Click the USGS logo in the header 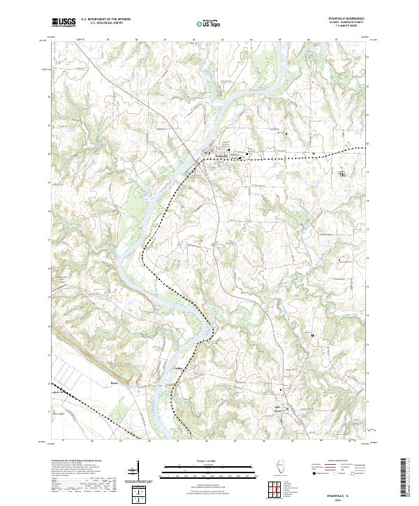pyautogui.click(x=64, y=22)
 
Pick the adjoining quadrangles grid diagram pyautogui.click(x=274, y=490)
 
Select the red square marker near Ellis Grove pyautogui.click(x=281, y=389)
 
